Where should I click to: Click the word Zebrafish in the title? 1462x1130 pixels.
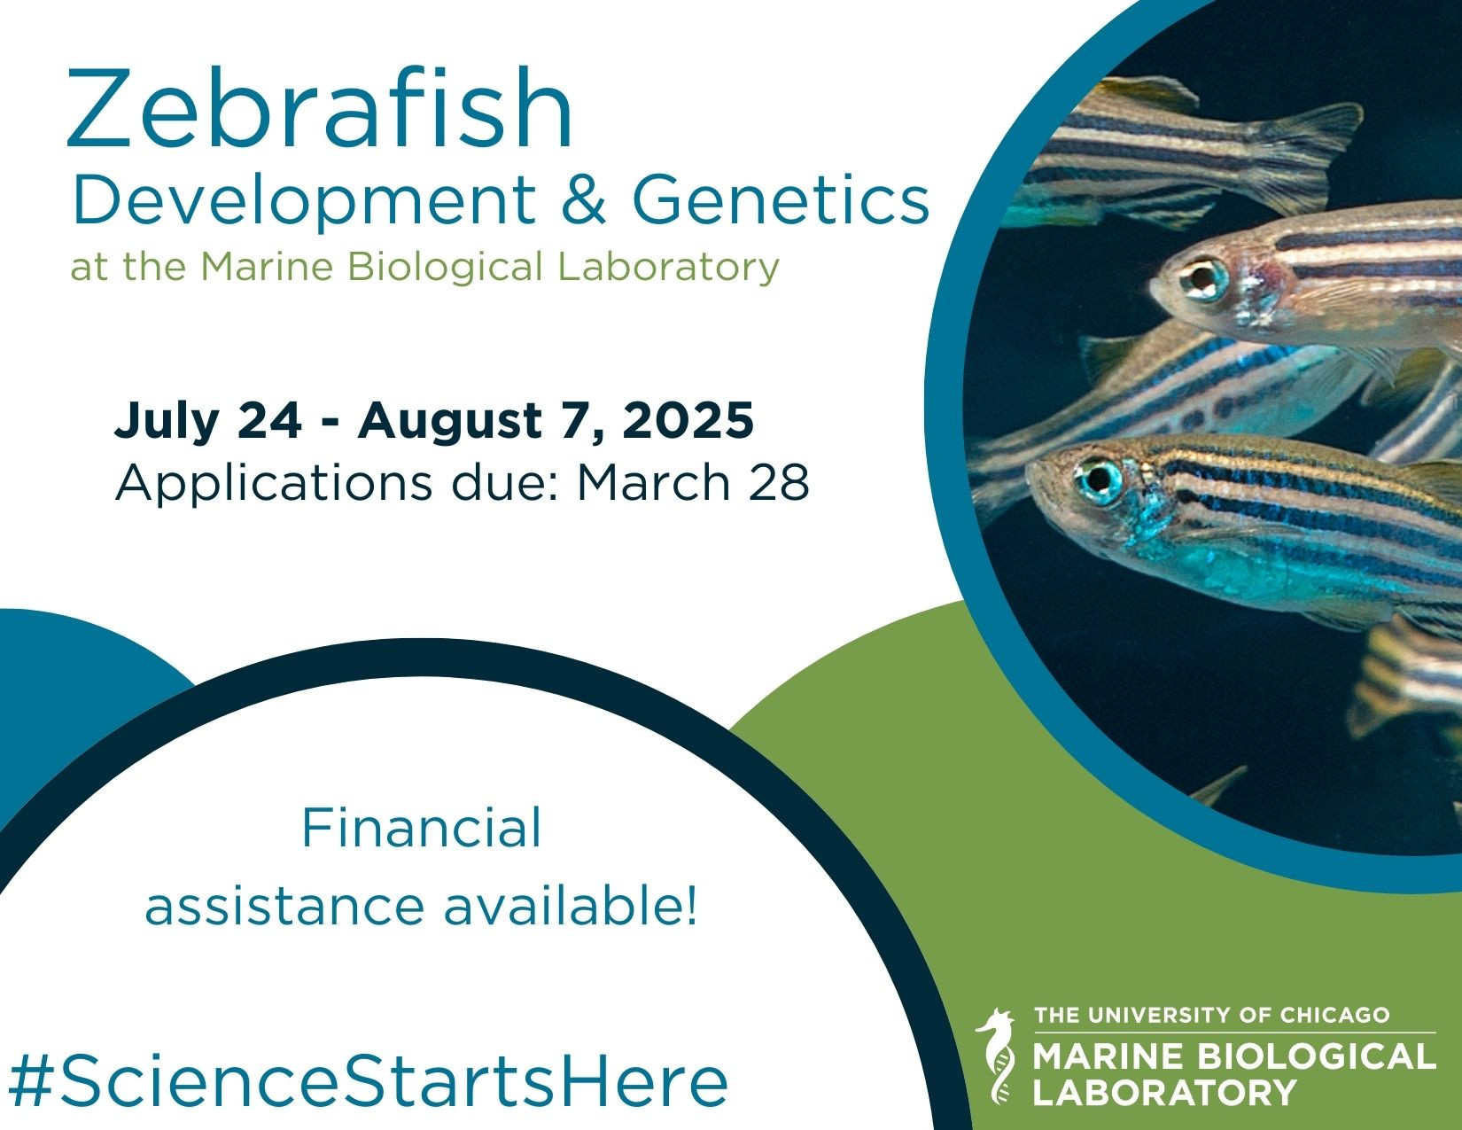click(320, 108)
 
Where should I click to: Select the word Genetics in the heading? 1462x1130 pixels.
click(781, 199)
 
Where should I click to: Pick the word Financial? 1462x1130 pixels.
click(421, 828)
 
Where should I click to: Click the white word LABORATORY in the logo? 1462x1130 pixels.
click(1164, 1092)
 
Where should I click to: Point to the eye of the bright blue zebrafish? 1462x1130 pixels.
click(1098, 479)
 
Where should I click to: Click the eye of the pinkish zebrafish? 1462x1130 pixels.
click(1204, 278)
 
